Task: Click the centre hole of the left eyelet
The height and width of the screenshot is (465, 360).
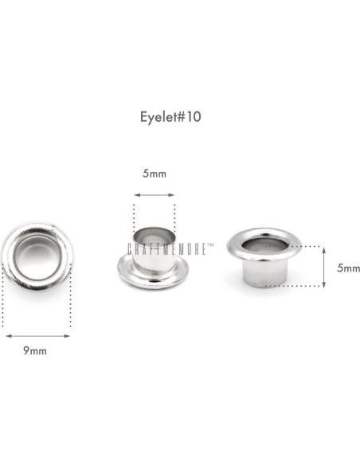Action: tap(37, 257)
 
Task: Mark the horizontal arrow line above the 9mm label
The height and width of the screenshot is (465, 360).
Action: tap(37, 335)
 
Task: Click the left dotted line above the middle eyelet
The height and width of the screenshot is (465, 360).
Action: tap(133, 219)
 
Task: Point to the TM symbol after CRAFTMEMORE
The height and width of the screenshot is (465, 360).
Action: tap(211, 246)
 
